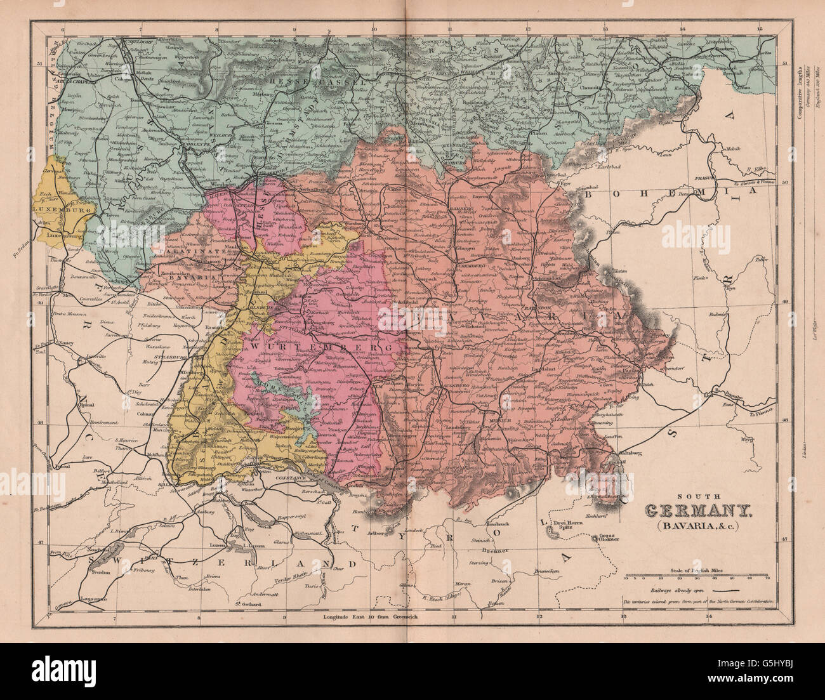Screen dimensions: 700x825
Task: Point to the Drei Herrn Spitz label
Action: [565, 524]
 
